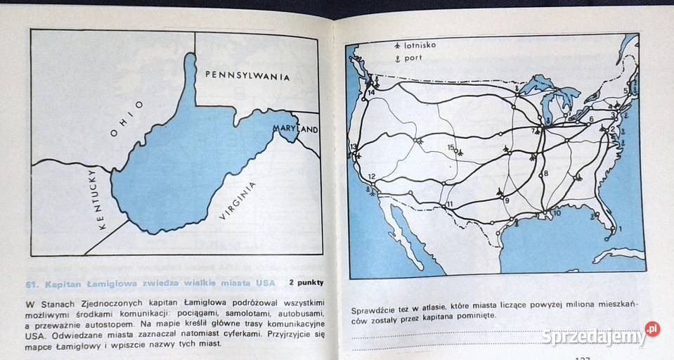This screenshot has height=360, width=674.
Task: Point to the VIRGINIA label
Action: [238, 200]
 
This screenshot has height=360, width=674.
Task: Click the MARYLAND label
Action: [296, 129]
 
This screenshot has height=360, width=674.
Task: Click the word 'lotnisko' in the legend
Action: [421, 45]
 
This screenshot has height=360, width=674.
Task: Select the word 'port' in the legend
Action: [414, 58]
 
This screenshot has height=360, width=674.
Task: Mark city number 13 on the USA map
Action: [353, 146]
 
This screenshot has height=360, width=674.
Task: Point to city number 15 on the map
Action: [451, 147]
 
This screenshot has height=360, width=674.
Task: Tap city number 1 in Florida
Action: [620, 229]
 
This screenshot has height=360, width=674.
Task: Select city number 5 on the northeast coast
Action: [626, 91]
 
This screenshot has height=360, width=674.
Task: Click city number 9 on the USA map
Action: [506, 200]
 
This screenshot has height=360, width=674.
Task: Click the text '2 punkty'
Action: [306, 283]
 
